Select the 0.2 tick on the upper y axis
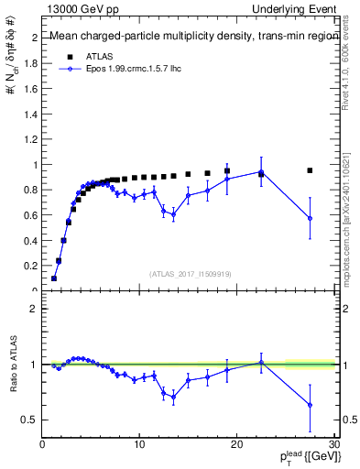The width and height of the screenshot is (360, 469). [33, 266]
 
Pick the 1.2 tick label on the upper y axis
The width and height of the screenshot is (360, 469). [33, 139]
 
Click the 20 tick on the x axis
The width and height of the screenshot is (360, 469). [236, 443]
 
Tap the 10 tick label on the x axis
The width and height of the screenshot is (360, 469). [139, 443]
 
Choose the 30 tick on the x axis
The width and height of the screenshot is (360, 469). [333, 443]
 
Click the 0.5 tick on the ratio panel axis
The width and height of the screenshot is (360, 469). [31, 420]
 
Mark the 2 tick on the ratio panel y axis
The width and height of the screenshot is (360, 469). [35, 309]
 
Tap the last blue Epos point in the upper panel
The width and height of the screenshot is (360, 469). [310, 218]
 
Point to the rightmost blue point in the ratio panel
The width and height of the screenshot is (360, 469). [310, 405]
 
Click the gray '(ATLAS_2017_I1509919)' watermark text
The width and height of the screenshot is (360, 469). [189, 274]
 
